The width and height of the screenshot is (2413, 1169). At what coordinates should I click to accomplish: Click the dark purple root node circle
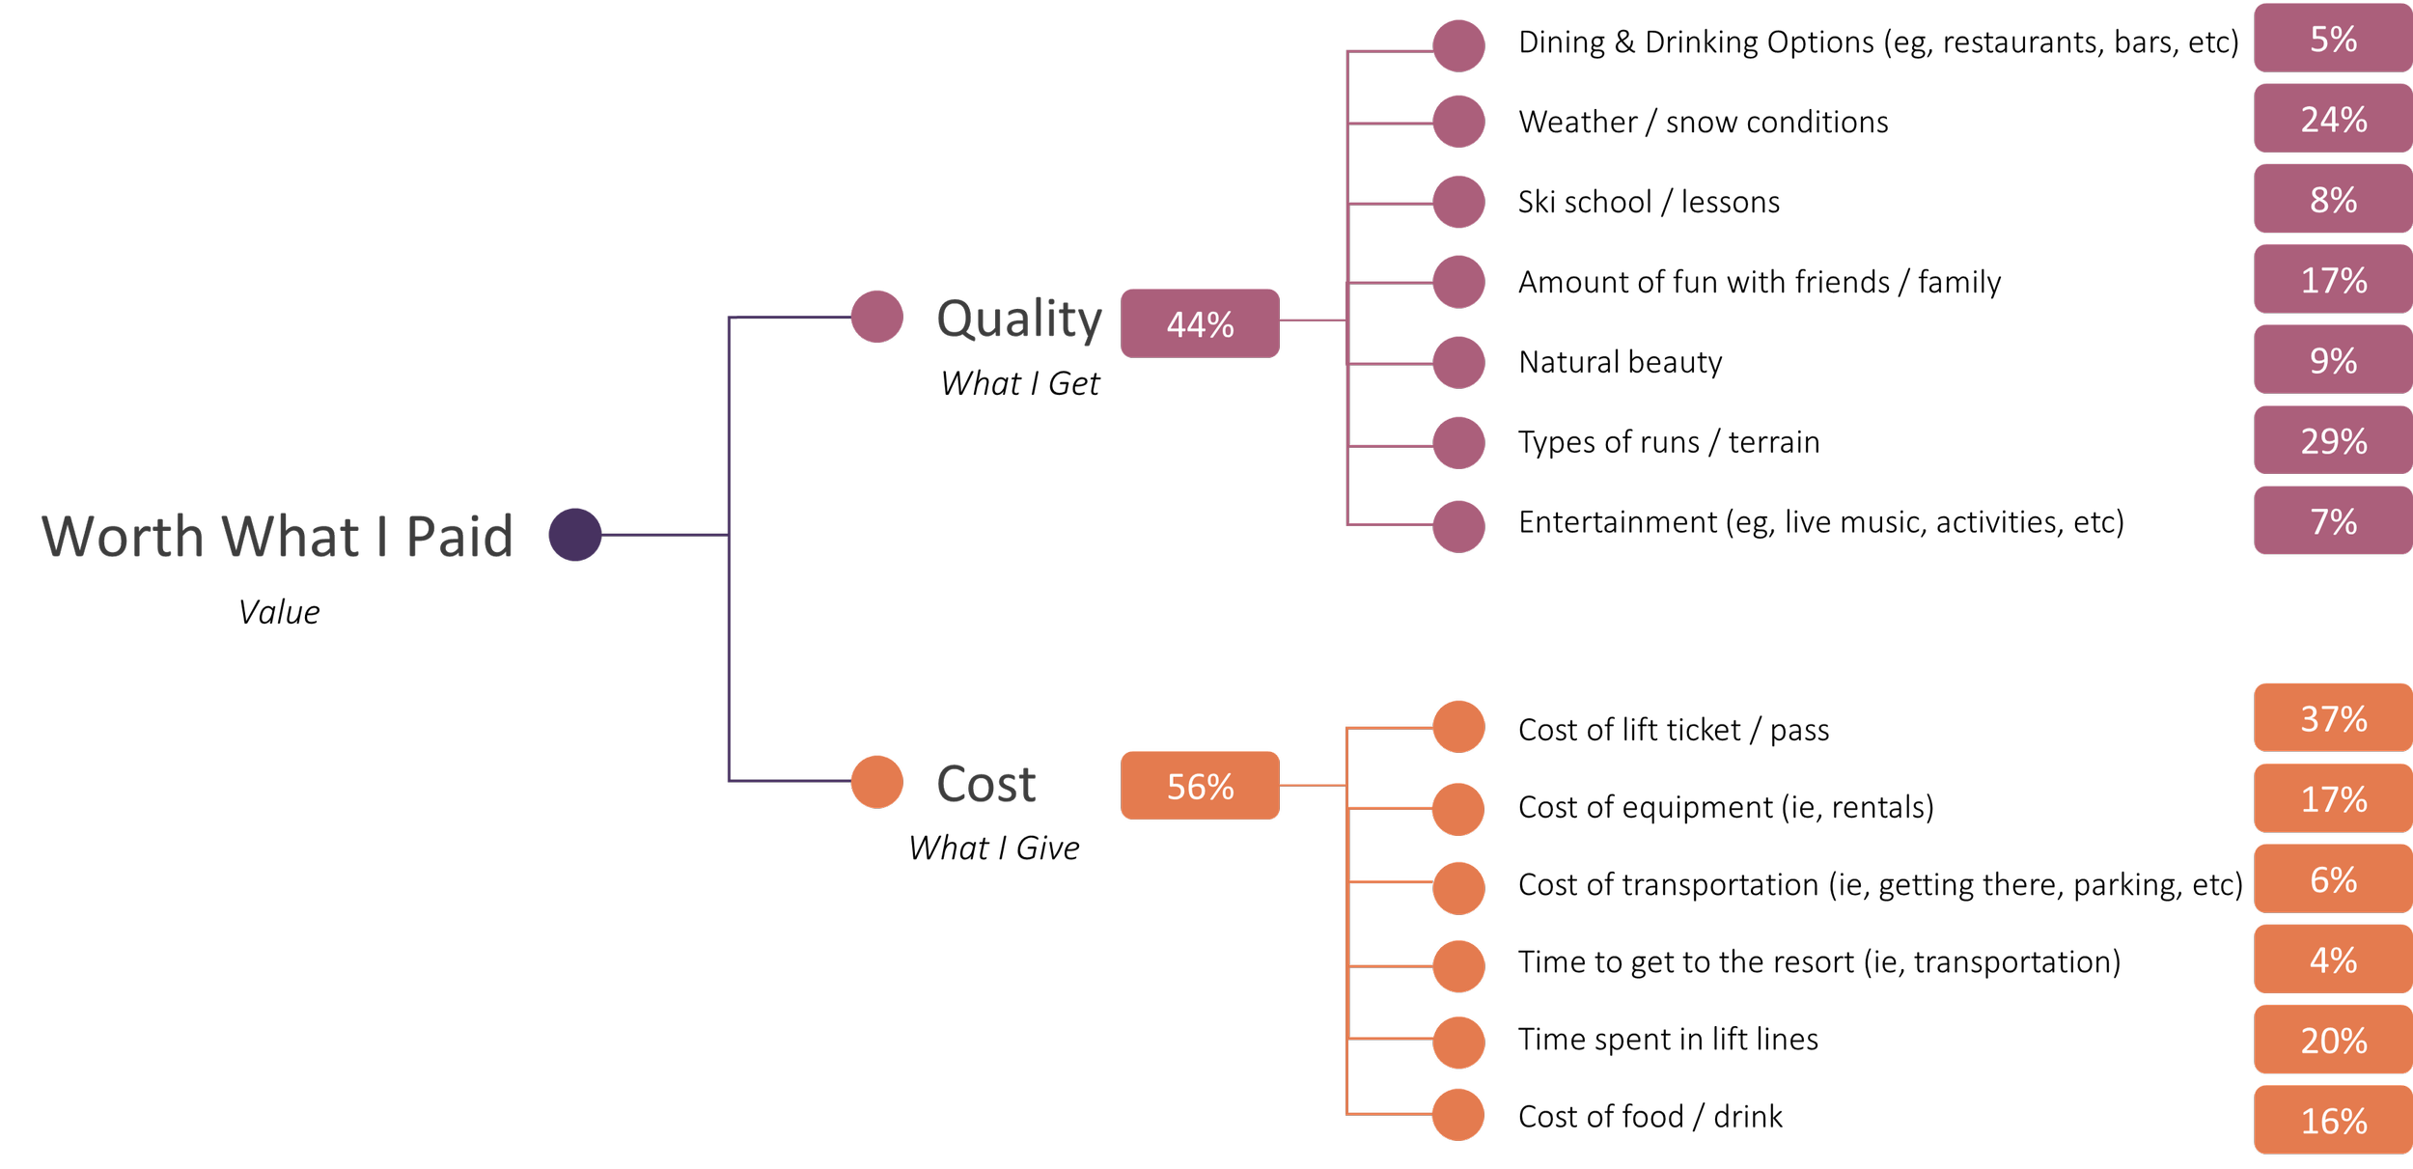tap(575, 534)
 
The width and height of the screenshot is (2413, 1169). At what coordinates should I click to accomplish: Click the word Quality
tap(1018, 319)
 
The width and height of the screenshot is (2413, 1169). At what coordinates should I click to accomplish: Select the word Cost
tap(985, 783)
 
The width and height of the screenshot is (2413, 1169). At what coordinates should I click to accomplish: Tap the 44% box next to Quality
tap(1200, 323)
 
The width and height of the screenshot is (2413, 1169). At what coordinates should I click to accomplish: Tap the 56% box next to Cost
tap(1200, 786)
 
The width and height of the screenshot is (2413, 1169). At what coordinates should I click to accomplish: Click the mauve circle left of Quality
tap(876, 317)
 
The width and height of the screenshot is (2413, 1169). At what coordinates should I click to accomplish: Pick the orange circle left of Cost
tap(876, 781)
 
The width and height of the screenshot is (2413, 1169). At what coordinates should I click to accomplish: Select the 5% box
tap(2332, 39)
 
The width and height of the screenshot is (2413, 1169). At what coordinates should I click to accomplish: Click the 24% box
tap(2332, 119)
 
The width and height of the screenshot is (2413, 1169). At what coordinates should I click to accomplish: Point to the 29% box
tap(2332, 440)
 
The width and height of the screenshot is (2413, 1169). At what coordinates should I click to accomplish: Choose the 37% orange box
tap(2332, 717)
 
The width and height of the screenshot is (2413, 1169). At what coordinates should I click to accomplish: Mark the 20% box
tap(2332, 1040)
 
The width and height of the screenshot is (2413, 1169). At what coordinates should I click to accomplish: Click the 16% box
tap(2332, 1120)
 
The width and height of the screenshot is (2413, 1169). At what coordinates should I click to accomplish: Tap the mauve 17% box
tap(2332, 280)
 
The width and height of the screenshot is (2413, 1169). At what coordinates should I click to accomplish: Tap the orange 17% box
tap(2332, 798)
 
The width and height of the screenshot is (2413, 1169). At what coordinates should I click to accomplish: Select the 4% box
tap(2332, 959)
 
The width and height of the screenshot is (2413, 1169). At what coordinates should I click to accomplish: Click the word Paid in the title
tap(459, 536)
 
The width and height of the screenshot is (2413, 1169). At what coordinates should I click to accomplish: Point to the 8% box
tap(2332, 199)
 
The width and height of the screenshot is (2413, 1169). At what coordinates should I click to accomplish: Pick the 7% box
tap(2332, 521)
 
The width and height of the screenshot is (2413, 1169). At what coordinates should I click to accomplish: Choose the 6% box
tap(2332, 878)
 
